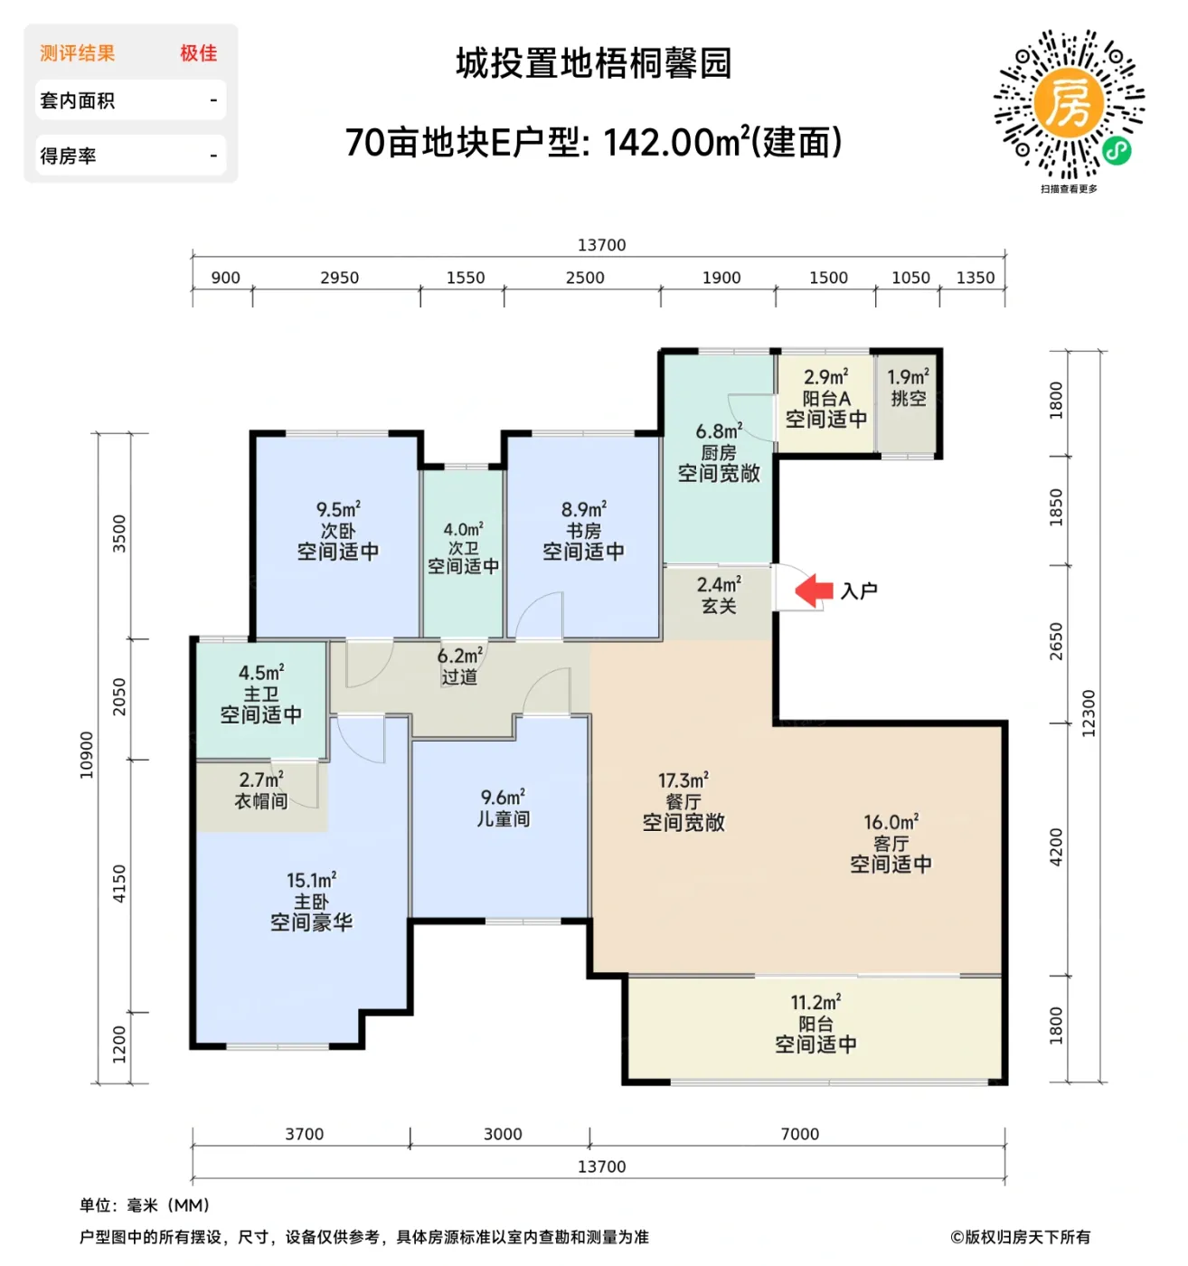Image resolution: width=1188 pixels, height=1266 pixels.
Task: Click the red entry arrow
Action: [814, 590]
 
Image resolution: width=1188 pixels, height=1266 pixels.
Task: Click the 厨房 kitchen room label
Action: [719, 452]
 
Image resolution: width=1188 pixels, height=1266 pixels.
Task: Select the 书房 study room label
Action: [583, 531]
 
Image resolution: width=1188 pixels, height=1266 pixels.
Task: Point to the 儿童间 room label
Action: [504, 819]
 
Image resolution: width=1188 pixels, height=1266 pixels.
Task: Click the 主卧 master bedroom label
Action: [311, 902]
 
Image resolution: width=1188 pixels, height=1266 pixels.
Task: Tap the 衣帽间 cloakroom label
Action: [261, 801]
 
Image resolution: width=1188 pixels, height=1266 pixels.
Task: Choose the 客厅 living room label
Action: [891, 844]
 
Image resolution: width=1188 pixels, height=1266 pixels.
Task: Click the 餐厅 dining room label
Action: [684, 802]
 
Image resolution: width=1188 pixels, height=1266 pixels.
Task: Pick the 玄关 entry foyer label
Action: [719, 606]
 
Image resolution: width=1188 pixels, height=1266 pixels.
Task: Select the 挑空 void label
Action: [908, 399]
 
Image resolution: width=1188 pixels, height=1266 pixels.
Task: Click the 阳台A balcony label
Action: [826, 399]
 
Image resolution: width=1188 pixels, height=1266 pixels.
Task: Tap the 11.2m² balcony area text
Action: [816, 1003]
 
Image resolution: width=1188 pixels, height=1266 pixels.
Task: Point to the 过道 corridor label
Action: [459, 676]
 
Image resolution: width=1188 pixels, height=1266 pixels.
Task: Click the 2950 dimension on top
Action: [339, 278]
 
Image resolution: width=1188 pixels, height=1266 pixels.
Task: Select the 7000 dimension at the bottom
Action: [799, 1134]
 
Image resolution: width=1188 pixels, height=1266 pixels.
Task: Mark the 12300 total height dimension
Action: [1089, 713]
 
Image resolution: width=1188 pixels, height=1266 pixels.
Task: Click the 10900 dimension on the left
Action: [87, 754]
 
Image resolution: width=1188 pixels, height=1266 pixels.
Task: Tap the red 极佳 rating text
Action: [198, 53]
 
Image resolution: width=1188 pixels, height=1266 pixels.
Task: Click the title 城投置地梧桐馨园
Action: [593, 64]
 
